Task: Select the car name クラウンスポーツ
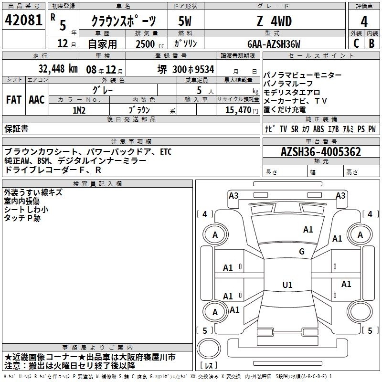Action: (x=123, y=21)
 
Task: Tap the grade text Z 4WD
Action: (x=274, y=21)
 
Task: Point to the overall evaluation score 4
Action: (x=364, y=21)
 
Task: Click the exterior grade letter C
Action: (x=356, y=43)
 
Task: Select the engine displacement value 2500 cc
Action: (x=143, y=44)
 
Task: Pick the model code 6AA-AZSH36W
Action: (x=274, y=44)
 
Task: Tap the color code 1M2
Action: (x=79, y=110)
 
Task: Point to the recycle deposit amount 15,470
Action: (x=235, y=110)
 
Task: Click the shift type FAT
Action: (x=14, y=100)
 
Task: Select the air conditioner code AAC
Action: (x=37, y=100)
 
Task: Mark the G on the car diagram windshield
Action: (x=301, y=252)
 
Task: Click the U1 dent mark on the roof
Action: (x=287, y=285)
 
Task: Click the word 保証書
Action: (x=16, y=129)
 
